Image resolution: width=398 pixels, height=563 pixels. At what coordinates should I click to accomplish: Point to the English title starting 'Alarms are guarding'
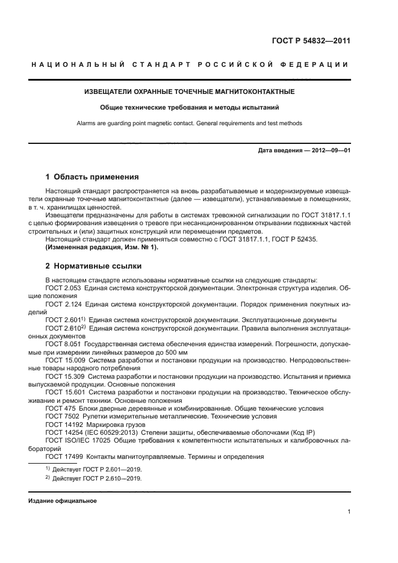[x=189, y=123]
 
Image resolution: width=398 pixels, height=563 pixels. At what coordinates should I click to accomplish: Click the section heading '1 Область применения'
[x=92, y=178]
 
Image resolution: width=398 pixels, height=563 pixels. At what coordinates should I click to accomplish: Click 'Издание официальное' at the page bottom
[x=63, y=501]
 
